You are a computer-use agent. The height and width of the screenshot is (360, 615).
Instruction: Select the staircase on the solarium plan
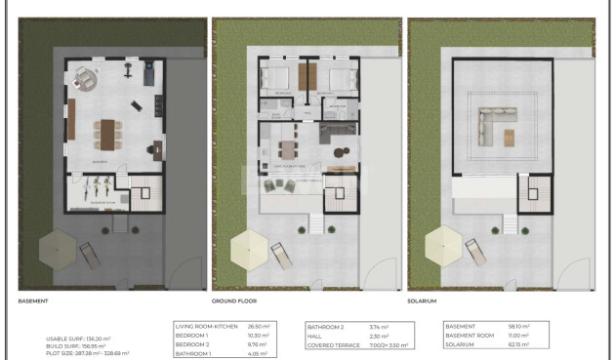click(x=533, y=191)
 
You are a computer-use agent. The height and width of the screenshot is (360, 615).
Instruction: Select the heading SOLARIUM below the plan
click(x=422, y=301)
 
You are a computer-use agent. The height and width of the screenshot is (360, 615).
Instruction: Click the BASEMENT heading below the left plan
click(x=33, y=301)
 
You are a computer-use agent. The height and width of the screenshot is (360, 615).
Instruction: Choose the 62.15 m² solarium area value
click(x=518, y=343)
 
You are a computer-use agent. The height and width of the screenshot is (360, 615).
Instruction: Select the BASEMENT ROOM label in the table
click(x=470, y=335)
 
